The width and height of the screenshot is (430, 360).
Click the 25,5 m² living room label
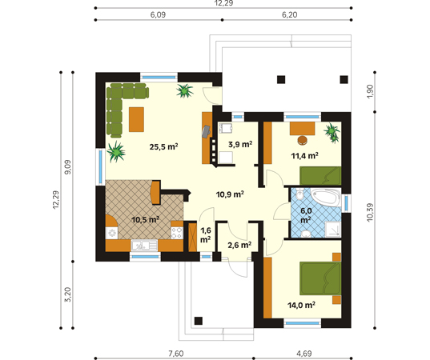click(163, 147)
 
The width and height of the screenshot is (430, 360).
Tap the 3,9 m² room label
click(240, 144)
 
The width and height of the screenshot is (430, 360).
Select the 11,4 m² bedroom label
click(304, 156)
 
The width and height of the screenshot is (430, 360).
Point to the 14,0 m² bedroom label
click(301, 305)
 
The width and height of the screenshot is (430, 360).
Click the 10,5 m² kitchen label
click(146, 219)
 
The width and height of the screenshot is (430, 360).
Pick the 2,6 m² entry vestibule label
click(239, 245)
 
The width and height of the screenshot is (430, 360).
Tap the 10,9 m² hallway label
click(230, 194)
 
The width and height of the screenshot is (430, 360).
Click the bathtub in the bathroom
click(326, 198)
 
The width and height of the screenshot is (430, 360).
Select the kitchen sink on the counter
click(144, 246)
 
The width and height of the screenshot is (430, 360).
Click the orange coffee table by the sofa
click(137, 119)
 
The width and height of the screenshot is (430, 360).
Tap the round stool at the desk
click(303, 140)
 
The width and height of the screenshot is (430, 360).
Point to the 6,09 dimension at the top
click(158, 14)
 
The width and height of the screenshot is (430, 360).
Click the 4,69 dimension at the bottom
click(304, 354)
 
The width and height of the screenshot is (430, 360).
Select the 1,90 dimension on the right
click(370, 92)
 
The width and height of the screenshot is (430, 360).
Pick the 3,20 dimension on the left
click(67, 294)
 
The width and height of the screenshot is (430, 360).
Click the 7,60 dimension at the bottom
click(176, 354)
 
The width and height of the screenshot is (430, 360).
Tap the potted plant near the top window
click(184, 90)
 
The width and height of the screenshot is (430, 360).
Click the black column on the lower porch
click(199, 321)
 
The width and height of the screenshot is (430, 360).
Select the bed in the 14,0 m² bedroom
click(320, 278)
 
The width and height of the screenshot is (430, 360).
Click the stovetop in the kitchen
click(177, 233)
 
